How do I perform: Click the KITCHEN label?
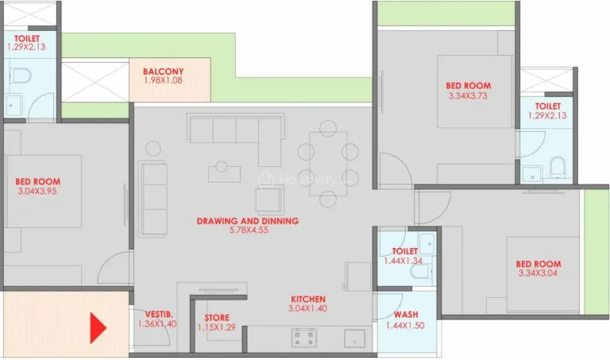pyautogui.click(x=307, y=300)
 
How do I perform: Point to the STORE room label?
pyautogui.click(x=217, y=318)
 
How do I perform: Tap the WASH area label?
pyautogui.click(x=405, y=315)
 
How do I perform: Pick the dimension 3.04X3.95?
pyautogui.click(x=37, y=192)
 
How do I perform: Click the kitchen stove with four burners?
pyautogui.click(x=304, y=338)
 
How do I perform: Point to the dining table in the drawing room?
pyautogui.click(x=328, y=156)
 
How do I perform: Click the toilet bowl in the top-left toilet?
pyautogui.click(x=21, y=77)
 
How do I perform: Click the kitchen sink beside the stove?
pyautogui.click(x=354, y=338)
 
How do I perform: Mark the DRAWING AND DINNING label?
pyautogui.click(x=247, y=221)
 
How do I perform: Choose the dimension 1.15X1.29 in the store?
pyautogui.click(x=217, y=327)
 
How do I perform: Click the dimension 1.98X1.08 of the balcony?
pyautogui.click(x=163, y=81)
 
